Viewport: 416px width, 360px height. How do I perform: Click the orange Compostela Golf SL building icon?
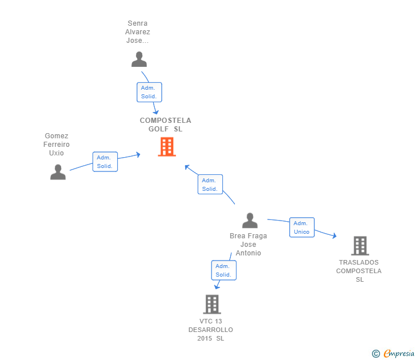pyautogui.click(x=166, y=147)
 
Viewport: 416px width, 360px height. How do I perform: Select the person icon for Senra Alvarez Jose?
pyautogui.click(x=139, y=59)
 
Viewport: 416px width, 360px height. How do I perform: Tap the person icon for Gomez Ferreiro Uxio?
pyautogui.click(x=58, y=172)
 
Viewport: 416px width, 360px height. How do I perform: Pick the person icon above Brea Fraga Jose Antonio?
pyautogui.click(x=250, y=221)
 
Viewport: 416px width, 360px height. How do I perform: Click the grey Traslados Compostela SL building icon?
pyautogui.click(x=359, y=246)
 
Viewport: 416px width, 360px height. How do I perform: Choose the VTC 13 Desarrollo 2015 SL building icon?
pyautogui.click(x=211, y=304)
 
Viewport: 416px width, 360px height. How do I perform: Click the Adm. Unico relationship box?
pyautogui.click(x=302, y=227)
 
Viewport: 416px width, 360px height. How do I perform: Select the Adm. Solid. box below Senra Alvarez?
pyautogui.click(x=149, y=92)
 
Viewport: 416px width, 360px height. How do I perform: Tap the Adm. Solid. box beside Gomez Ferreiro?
pyautogui.click(x=105, y=162)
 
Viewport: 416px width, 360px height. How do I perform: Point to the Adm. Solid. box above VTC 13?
pyautogui.click(x=223, y=270)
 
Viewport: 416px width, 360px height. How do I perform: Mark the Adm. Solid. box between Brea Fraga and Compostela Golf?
pyautogui.click(x=210, y=185)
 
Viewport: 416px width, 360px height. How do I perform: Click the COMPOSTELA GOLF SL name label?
pyautogui.click(x=166, y=125)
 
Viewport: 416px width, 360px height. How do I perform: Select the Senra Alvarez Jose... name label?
pyautogui.click(x=138, y=32)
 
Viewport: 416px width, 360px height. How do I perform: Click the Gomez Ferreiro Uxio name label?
pyautogui.click(x=57, y=145)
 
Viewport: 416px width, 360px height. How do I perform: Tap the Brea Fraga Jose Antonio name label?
pyautogui.click(x=249, y=244)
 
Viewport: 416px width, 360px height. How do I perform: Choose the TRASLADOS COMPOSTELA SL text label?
pyautogui.click(x=359, y=271)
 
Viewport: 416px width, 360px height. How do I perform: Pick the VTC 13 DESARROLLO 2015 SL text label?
pyautogui.click(x=211, y=330)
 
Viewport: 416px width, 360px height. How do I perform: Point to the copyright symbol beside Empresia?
pyautogui.click(x=375, y=354)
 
